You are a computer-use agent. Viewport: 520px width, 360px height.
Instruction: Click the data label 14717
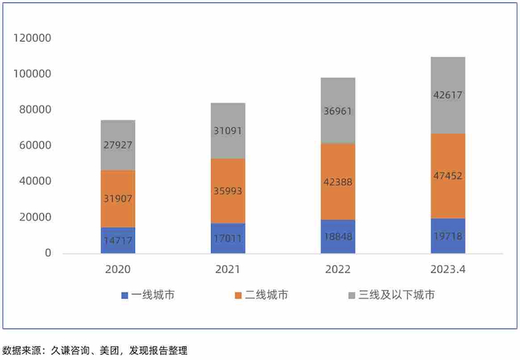coord(117,240)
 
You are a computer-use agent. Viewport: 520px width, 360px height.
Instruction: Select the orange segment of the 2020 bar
coord(117,199)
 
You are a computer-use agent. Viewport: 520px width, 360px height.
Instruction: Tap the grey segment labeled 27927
coord(117,145)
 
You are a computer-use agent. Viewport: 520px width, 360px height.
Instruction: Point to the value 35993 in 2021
coord(227,191)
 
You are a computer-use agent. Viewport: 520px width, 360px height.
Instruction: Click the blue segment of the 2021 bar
coord(227,238)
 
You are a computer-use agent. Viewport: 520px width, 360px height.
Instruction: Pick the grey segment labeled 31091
coord(227,131)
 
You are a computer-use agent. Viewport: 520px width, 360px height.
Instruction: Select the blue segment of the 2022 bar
coord(337,237)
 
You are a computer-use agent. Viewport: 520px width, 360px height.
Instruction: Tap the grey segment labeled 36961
coord(337,110)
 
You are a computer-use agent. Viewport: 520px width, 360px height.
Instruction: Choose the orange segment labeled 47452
coord(447,176)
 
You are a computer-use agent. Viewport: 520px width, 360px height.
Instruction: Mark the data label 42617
coord(447,95)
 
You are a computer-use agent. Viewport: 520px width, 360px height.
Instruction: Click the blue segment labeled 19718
coord(447,236)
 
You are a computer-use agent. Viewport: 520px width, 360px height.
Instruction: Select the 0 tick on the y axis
coord(48,253)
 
